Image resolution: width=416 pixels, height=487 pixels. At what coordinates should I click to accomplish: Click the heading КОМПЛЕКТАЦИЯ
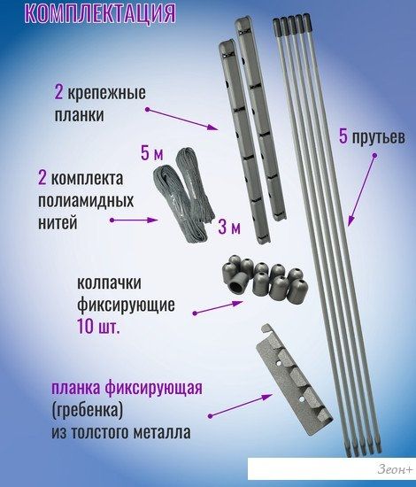point(100,12)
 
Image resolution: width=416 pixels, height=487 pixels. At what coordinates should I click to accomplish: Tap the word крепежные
point(106,93)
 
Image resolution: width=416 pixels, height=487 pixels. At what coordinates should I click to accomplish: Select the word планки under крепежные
point(79,114)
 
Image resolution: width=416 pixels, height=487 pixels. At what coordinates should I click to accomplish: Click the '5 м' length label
point(152,153)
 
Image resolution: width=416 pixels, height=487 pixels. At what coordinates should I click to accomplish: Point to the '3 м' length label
point(229,227)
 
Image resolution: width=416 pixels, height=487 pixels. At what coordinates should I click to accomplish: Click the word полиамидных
point(86,201)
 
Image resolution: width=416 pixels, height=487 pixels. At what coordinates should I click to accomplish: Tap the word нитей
point(58,222)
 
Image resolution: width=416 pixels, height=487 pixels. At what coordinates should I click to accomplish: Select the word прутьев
point(378,137)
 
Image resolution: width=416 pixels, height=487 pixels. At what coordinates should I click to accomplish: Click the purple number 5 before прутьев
point(343,136)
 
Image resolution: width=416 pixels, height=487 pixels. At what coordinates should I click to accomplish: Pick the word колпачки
point(109,283)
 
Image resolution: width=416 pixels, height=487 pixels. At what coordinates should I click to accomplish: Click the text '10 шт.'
point(98,327)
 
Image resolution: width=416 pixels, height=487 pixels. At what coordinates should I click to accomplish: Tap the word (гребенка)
point(88,410)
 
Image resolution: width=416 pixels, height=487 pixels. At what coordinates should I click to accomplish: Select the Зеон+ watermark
point(395,469)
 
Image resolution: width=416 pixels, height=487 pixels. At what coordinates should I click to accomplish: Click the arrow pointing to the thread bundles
point(135,220)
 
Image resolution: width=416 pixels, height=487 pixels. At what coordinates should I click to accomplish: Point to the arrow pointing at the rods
point(362,189)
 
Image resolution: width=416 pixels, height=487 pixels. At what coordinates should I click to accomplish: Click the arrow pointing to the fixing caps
point(218,307)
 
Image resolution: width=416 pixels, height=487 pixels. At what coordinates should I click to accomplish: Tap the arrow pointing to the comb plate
point(240,406)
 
